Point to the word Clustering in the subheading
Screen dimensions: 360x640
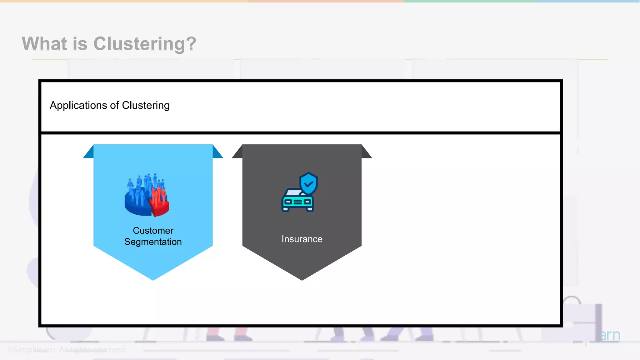click(x=146, y=106)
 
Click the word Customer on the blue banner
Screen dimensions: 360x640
click(x=153, y=230)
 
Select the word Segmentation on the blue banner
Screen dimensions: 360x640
click(x=153, y=242)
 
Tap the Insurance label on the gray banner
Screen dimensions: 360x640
click(x=302, y=239)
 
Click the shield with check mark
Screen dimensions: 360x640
click(x=308, y=183)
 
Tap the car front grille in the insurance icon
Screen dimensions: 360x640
click(x=297, y=202)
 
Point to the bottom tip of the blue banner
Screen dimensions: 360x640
click(x=153, y=278)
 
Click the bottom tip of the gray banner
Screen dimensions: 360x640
click(x=302, y=278)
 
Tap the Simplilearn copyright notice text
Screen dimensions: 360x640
click(x=67, y=349)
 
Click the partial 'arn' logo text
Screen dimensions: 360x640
click(x=610, y=336)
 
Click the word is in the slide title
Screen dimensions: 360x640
click(x=80, y=44)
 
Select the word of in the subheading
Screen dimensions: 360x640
click(x=114, y=106)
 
